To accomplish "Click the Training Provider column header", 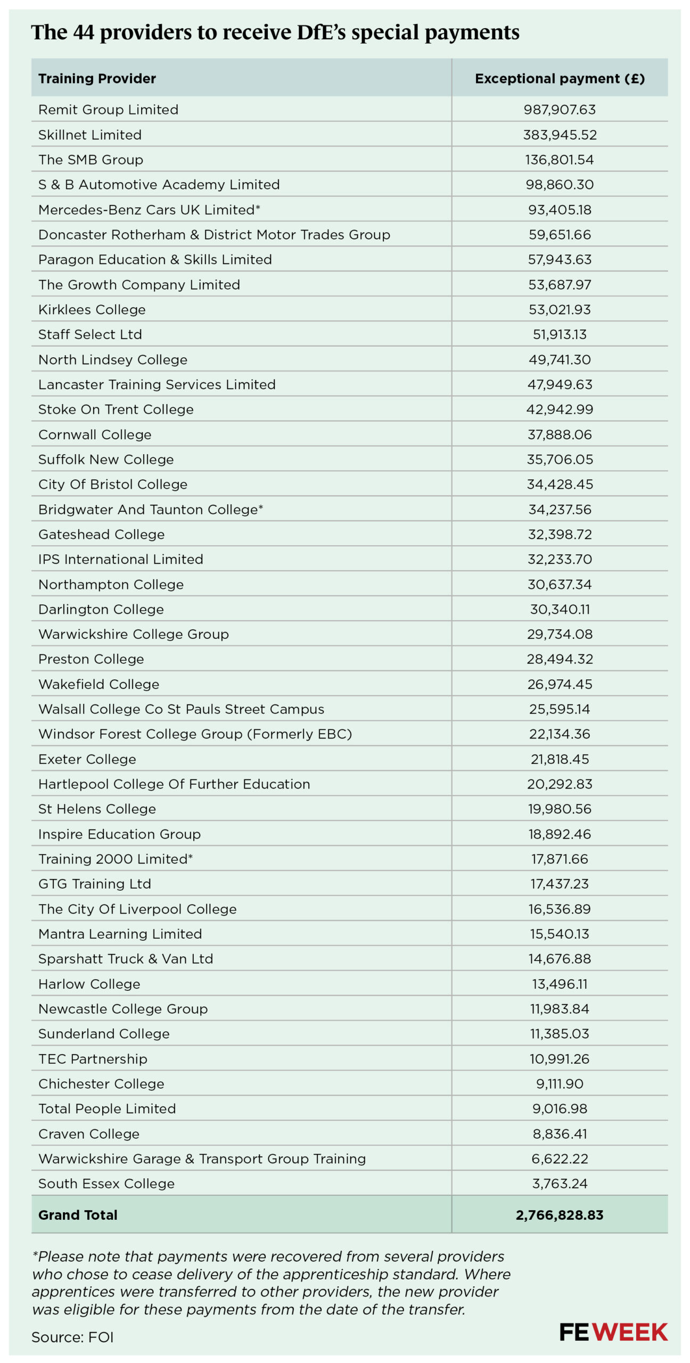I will pyautogui.click(x=97, y=79).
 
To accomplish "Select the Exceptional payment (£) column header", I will pyautogui.click(x=560, y=79).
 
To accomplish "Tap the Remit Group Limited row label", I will pyautogui.click(x=108, y=110).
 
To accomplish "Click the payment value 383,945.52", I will pyautogui.click(x=560, y=135).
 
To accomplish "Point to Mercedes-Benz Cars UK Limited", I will pyautogui.click(x=149, y=210).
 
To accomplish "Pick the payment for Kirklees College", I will pyautogui.click(x=560, y=309).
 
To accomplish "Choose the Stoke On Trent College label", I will pyautogui.click(x=116, y=409).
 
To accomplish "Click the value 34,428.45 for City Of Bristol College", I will pyautogui.click(x=560, y=485).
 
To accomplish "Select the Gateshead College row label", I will pyautogui.click(x=101, y=535).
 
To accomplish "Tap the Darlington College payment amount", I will pyautogui.click(x=560, y=609).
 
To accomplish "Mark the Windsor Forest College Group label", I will pyautogui.click(x=195, y=734).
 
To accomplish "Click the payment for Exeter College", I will pyautogui.click(x=560, y=759).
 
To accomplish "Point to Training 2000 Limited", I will pyautogui.click(x=115, y=859).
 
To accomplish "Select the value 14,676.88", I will pyautogui.click(x=560, y=959).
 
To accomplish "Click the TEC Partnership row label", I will pyautogui.click(x=93, y=1059).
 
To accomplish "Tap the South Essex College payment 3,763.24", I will pyautogui.click(x=560, y=1184).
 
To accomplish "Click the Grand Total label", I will pyautogui.click(x=78, y=1215).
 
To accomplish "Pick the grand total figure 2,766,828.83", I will pyautogui.click(x=560, y=1215).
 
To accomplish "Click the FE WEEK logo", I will pyautogui.click(x=613, y=1332).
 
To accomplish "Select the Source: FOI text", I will pyautogui.click(x=72, y=1337).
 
